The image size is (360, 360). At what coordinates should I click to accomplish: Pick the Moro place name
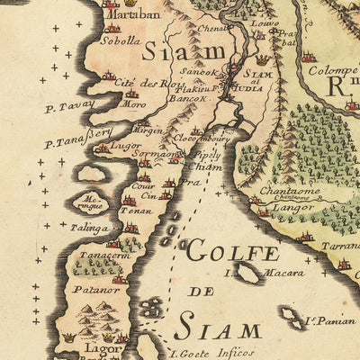click(x=134, y=104)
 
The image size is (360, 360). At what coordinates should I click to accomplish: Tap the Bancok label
click(x=191, y=99)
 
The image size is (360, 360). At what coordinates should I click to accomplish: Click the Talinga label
click(x=87, y=229)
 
